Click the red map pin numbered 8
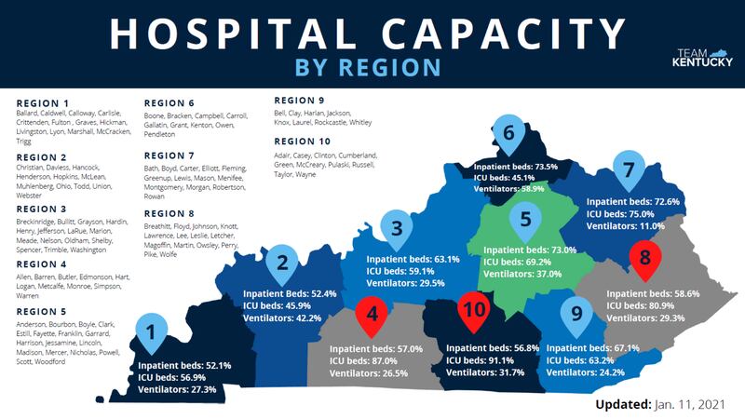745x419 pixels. [643, 261]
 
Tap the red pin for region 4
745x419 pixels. [372, 315]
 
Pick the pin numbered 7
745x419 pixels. [629, 169]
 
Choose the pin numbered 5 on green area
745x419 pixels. [525, 220]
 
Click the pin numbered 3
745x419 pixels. [398, 227]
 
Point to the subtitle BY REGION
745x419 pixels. [366, 67]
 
